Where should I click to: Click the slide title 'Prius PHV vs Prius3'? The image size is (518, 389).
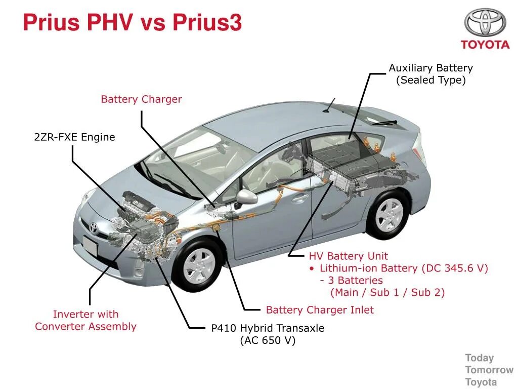133,23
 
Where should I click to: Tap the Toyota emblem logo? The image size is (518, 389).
485,22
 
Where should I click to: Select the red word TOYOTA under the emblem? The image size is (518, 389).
485,45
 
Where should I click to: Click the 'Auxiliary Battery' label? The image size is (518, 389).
430,68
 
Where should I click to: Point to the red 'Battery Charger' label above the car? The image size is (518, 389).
141,99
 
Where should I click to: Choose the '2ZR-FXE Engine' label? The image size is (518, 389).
74,137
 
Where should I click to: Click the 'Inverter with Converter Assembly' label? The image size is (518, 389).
85,320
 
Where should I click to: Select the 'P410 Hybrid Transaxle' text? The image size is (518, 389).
268,328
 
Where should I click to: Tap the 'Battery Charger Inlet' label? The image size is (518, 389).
320,310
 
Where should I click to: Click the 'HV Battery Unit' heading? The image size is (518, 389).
349,256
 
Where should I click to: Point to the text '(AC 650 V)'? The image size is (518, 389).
268,340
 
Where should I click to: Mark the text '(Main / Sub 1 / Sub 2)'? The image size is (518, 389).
387,292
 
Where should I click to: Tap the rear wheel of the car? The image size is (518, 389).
389,215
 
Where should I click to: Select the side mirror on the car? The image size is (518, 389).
247,197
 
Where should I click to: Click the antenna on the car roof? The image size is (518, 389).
330,104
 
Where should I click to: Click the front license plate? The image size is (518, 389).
90,247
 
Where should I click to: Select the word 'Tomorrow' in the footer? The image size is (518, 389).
489,370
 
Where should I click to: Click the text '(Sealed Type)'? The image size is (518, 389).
430,80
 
